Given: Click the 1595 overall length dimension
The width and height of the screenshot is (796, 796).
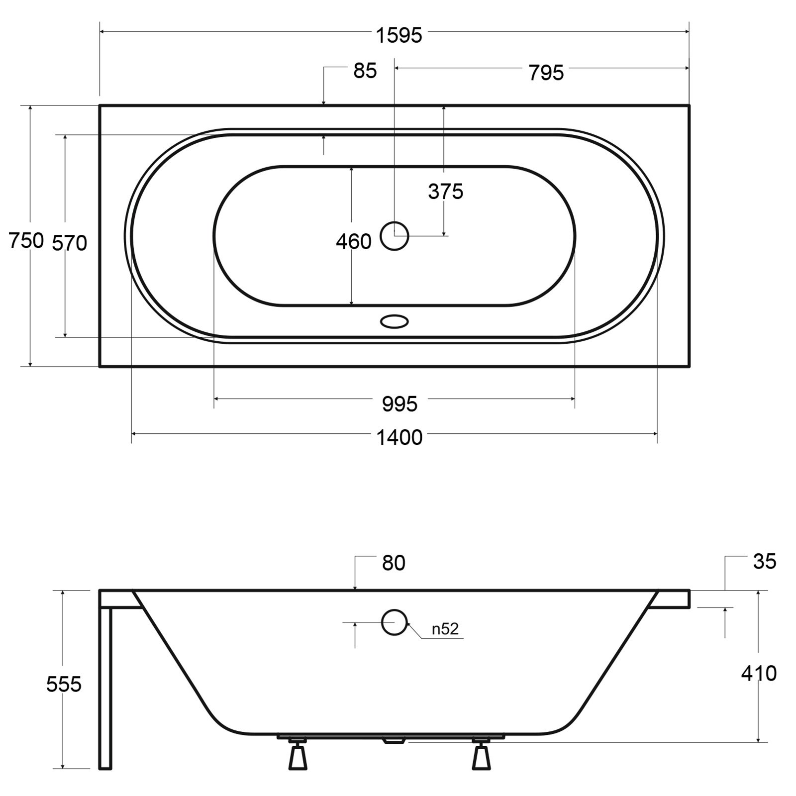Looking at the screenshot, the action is point(399,36).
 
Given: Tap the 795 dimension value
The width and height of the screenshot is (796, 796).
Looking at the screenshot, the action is point(546,73).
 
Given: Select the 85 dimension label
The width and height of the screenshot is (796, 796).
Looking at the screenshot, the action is point(365,71).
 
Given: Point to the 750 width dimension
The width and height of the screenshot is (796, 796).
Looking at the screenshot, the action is point(26,241).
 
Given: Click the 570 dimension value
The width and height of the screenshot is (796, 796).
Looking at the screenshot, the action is point(70,243).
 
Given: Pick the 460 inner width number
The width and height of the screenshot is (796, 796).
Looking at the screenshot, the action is point(354,242).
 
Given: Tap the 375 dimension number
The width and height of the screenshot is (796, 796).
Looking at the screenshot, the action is point(446,192).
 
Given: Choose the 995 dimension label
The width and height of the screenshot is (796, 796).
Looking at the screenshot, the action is point(400,404).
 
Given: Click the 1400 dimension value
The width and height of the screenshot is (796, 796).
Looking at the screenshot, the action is point(399,438).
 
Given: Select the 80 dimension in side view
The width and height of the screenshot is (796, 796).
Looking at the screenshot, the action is point(394,563).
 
